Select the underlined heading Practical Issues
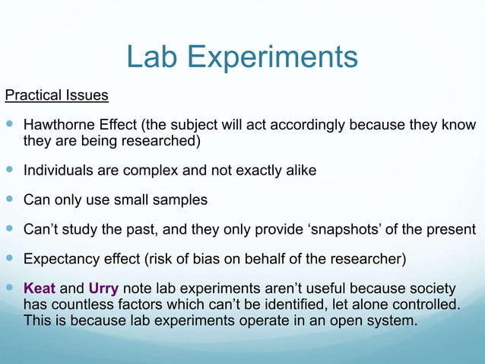click(x=57, y=96)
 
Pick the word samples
click(x=180, y=200)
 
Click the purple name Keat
click(x=40, y=289)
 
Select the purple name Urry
click(x=104, y=289)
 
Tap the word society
click(x=431, y=289)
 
